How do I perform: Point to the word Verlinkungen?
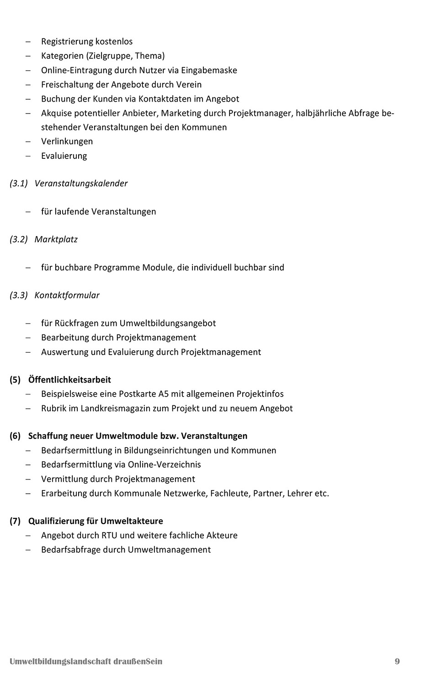[67, 141]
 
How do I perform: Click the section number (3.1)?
[19, 183]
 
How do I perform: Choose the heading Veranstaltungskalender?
[81, 183]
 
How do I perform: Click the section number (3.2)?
[19, 239]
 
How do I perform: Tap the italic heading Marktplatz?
[56, 239]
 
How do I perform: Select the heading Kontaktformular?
[67, 295]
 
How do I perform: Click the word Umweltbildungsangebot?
[168, 323]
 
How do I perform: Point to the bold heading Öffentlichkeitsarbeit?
[69, 380]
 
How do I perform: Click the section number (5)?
[15, 380]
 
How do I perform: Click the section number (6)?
[15, 436]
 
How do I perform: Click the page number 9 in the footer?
[397, 661]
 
